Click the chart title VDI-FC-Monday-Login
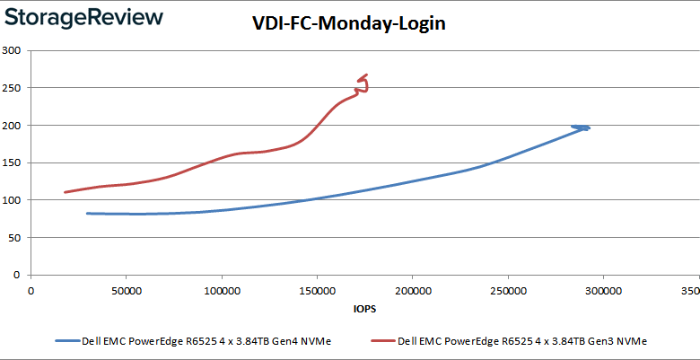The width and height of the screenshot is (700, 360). (348, 24)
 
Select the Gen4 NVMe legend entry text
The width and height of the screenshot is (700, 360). (206, 341)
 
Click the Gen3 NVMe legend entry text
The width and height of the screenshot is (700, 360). (522, 341)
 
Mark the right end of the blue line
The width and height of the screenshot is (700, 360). (589, 127)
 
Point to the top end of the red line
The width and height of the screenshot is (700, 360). (365, 75)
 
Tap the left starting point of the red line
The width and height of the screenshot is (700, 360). (65, 192)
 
